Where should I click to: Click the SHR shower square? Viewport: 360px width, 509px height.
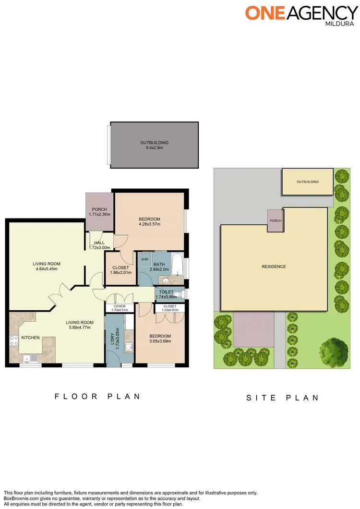click(144, 260)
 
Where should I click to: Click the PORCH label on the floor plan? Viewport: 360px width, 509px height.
click(99, 209)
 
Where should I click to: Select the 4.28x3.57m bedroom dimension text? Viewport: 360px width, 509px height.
click(149, 224)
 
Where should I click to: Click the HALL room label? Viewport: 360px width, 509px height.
click(99, 243)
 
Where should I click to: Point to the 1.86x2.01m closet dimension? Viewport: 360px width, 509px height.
click(120, 273)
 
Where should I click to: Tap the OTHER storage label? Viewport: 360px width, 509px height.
click(120, 306)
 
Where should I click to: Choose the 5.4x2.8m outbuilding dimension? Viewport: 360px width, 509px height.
click(155, 148)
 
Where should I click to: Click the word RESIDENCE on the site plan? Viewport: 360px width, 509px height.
click(274, 267)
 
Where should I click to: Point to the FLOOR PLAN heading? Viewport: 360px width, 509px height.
click(97, 397)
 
